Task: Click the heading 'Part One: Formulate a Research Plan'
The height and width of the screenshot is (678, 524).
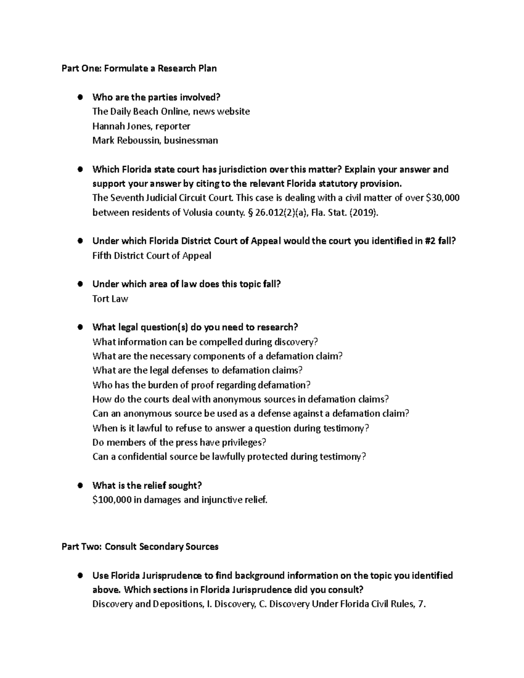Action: coord(139,68)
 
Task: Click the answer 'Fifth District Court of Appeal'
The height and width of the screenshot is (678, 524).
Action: coord(152,256)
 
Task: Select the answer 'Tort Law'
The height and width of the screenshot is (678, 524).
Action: coord(110,299)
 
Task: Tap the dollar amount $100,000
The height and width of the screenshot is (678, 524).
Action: coord(112,500)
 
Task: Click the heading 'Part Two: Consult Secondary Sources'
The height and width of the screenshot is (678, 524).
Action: coord(140,547)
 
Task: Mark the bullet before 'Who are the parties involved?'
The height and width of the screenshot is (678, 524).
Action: coord(80,97)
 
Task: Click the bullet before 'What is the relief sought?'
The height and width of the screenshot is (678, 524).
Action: coord(80,485)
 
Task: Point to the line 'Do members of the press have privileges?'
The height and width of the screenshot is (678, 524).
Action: coord(179,443)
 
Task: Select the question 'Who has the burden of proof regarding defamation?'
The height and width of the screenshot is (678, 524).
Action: coord(201,385)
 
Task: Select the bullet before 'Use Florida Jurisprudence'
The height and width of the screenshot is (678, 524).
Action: coord(80,575)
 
